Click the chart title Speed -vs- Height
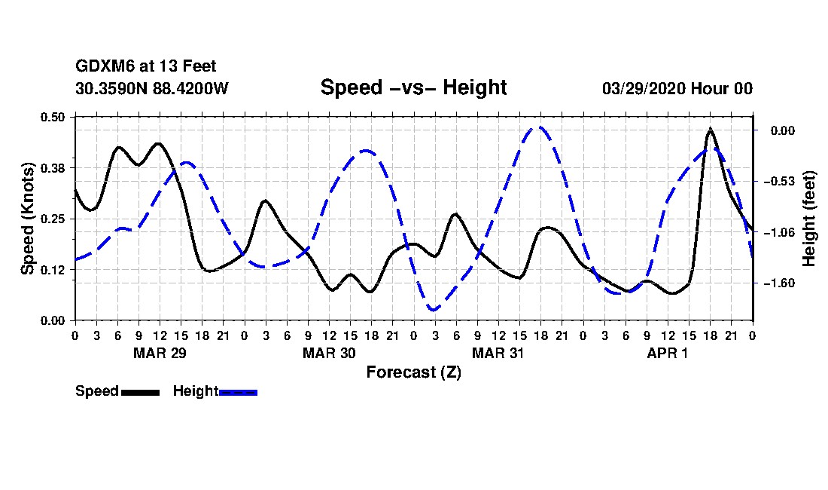tap(413, 87)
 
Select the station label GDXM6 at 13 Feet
tap(146, 67)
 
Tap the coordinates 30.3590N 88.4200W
tap(152, 88)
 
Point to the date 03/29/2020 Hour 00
tap(677, 88)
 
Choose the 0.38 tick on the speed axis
tap(54, 167)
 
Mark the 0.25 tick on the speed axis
tap(54, 219)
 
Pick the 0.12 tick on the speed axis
tap(54, 269)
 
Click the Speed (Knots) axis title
tap(27, 218)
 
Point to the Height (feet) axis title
tap(810, 219)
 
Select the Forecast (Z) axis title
tap(413, 372)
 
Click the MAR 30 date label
tap(329, 353)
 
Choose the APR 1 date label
tap(668, 353)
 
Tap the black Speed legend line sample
tap(140, 392)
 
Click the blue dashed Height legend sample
tap(239, 392)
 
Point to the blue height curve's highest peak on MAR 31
tap(537, 127)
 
